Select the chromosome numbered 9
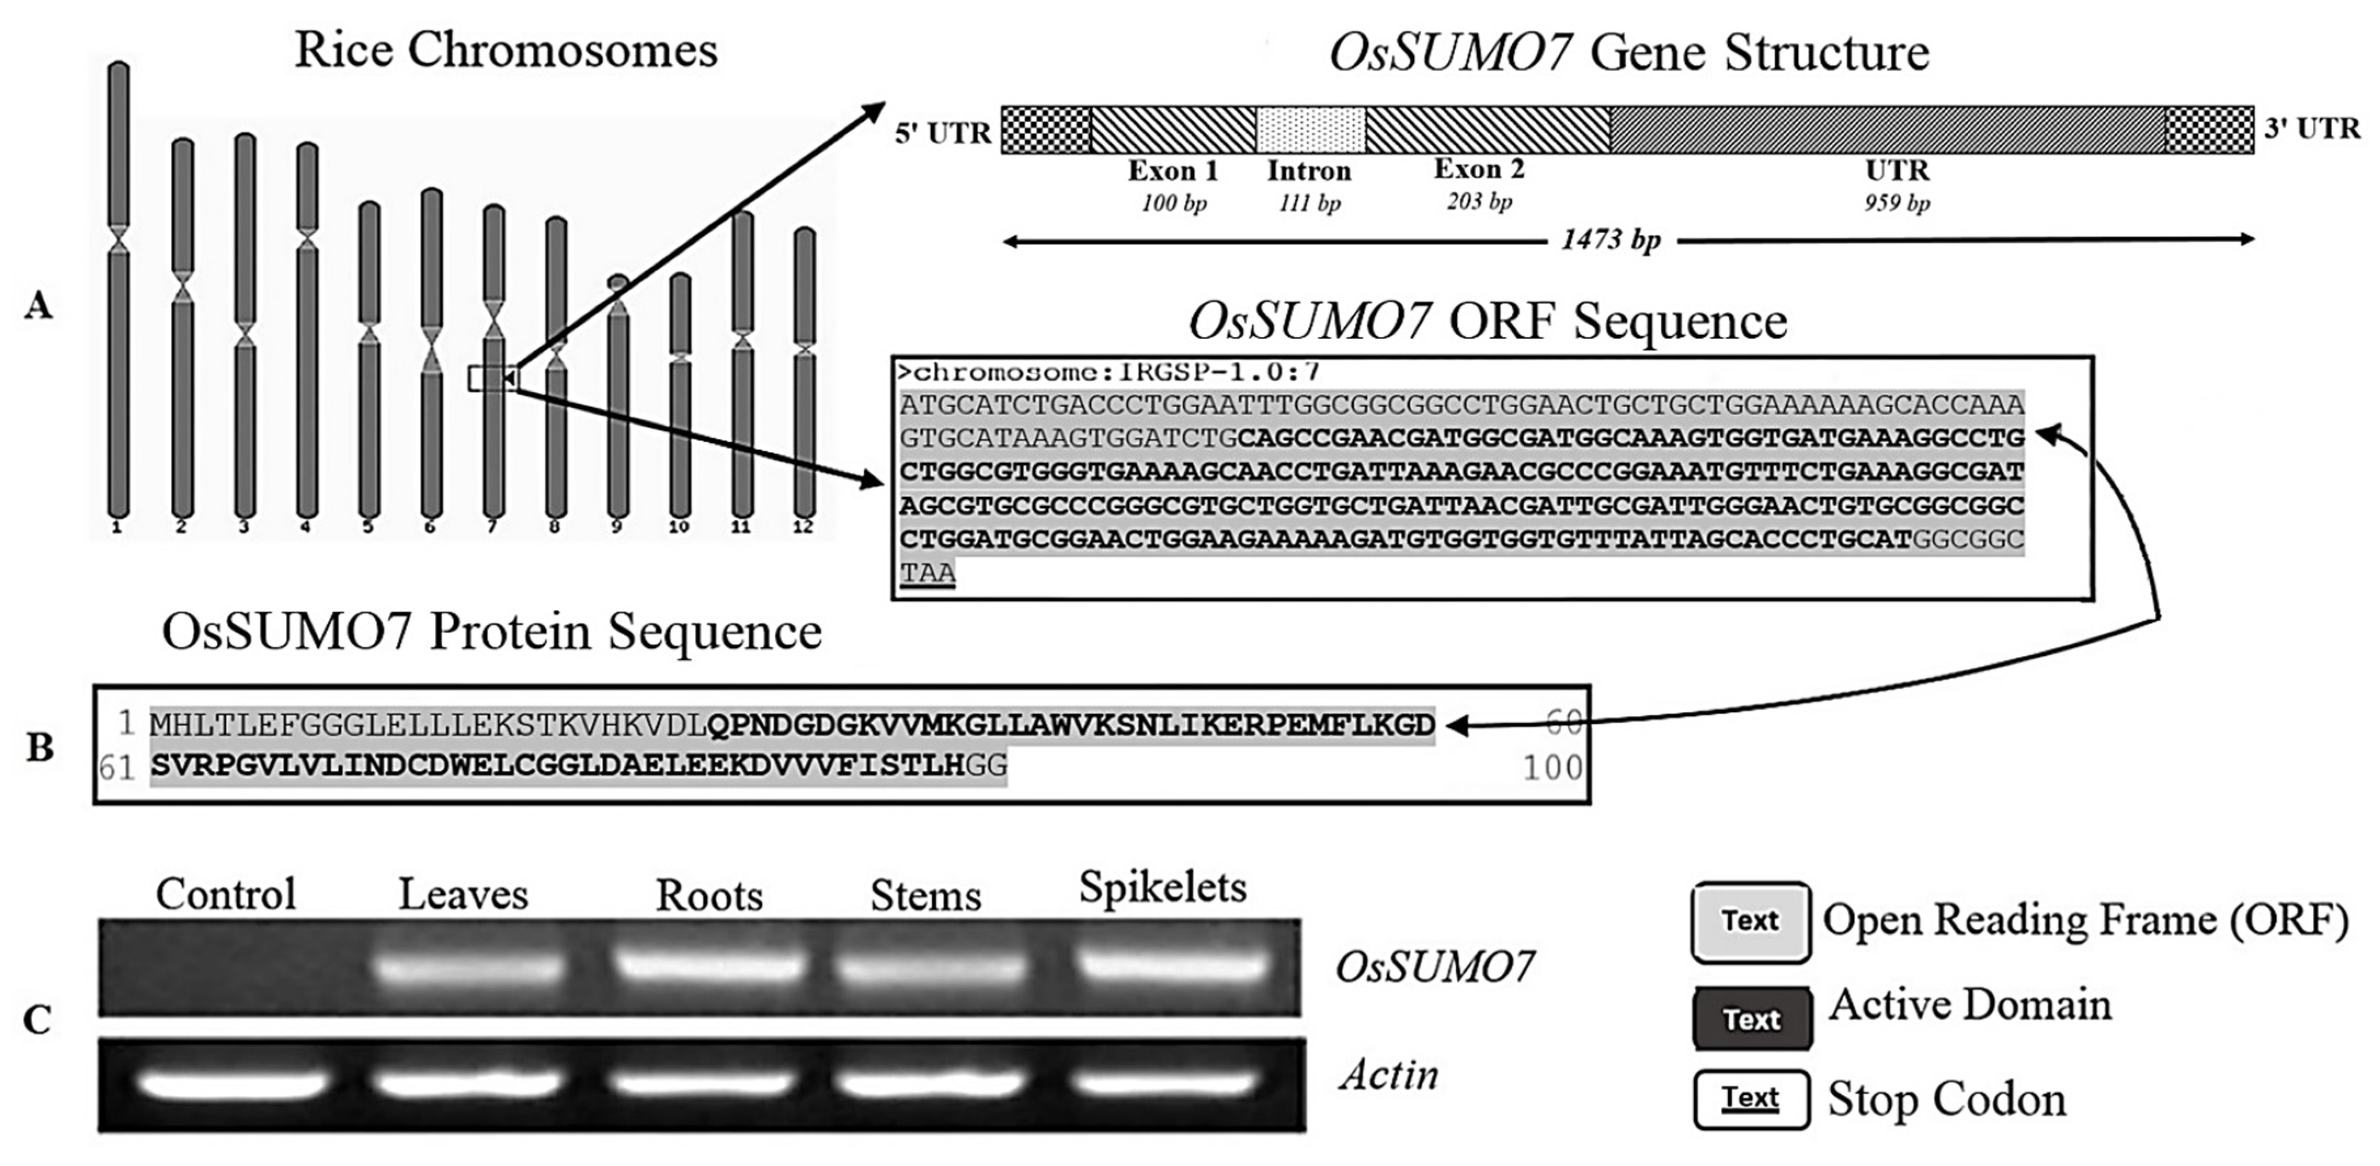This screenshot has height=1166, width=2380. (x=618, y=397)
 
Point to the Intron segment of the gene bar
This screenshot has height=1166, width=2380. (x=1310, y=129)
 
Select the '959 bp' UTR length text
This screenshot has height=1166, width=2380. (x=1896, y=202)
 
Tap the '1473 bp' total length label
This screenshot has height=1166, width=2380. (x=1610, y=240)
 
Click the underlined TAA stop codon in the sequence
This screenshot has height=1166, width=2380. (x=927, y=573)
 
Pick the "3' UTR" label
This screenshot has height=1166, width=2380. (x=2311, y=129)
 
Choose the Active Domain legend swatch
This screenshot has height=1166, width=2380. (x=1751, y=1018)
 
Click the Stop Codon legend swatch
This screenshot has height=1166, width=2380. (x=1751, y=1099)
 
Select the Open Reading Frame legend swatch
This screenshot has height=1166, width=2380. (x=1751, y=921)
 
